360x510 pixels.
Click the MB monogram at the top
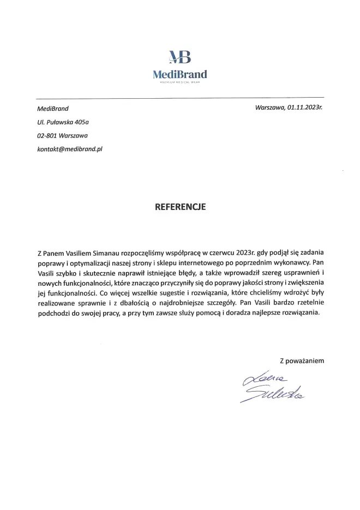pos(180,58)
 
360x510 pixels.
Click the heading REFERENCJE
pos(180,207)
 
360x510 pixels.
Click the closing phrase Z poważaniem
pos(302,361)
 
